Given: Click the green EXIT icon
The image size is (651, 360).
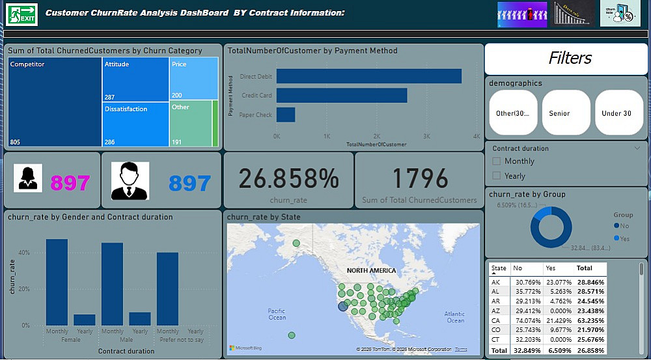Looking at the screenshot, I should (21, 14).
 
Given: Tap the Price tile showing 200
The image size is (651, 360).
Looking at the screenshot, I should (193, 79).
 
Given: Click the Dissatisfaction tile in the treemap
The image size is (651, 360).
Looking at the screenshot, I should (135, 124).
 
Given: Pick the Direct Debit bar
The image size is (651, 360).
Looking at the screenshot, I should (368, 76).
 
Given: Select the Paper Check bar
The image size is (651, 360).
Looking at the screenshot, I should (286, 115).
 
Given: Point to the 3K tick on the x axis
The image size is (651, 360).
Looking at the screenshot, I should (426, 136).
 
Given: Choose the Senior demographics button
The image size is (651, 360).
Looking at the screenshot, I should (566, 113).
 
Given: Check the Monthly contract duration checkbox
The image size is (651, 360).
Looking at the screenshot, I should (497, 161).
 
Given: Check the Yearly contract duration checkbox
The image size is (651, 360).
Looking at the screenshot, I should (497, 176).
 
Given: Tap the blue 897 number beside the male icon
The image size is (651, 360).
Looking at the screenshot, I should (190, 184).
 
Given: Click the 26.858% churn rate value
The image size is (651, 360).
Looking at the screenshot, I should (288, 178).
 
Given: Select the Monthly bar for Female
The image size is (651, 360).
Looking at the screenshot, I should (57, 282).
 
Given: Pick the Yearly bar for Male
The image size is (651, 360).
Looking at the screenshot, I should (140, 318).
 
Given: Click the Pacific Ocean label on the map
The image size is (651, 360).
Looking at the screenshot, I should (277, 314).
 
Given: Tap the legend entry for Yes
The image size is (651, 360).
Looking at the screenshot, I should (623, 239).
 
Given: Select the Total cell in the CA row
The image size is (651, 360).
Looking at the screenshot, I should (592, 320).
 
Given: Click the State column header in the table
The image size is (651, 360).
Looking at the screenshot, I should (499, 268).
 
